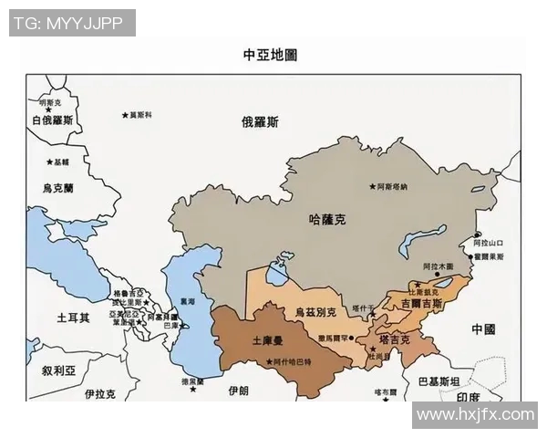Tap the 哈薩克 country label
tap(328, 219)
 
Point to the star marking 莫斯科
tap(125, 115)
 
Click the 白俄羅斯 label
tap(52, 120)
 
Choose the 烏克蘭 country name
tap(57, 188)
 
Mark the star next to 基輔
tap(50, 162)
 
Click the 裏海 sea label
tap(187, 301)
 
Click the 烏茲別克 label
tap(315, 312)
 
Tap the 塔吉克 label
tap(394, 339)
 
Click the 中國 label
tap(483, 328)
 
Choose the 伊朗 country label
tap(238, 390)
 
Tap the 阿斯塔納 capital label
tap(393, 186)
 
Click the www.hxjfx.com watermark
tap(474, 415)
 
